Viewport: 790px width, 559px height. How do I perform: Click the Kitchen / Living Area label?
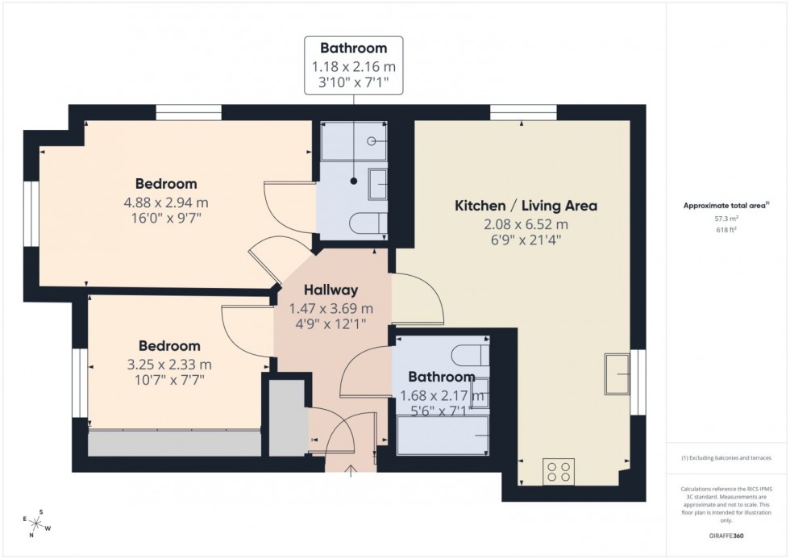click(x=526, y=206)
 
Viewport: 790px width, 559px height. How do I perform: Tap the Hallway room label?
click(x=331, y=290)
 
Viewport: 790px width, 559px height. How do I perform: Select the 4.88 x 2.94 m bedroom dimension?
click(x=166, y=202)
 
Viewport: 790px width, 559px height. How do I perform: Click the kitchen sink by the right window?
click(x=618, y=373)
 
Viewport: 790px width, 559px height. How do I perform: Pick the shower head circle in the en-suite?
click(x=372, y=141)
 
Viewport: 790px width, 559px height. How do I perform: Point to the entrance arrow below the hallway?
click(x=351, y=471)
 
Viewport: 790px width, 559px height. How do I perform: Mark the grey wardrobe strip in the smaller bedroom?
click(x=174, y=444)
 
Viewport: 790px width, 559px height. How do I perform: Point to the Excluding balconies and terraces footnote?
click(x=726, y=458)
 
